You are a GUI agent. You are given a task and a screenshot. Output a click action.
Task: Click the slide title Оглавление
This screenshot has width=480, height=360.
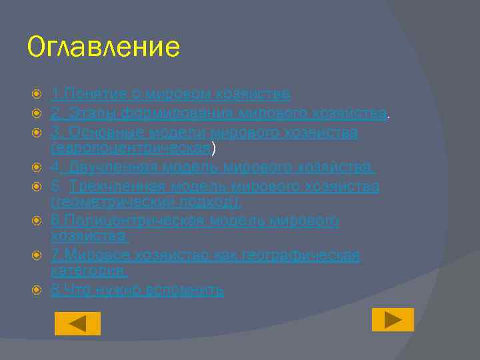(103, 48)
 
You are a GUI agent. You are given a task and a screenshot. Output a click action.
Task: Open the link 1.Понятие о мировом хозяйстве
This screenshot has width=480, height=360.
(171, 95)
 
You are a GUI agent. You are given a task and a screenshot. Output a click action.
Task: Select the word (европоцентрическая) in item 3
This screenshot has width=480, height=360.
(131, 149)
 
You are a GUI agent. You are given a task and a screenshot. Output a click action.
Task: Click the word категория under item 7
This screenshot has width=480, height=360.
(89, 271)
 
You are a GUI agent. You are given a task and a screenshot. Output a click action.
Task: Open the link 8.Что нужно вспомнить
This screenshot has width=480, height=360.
(137, 290)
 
